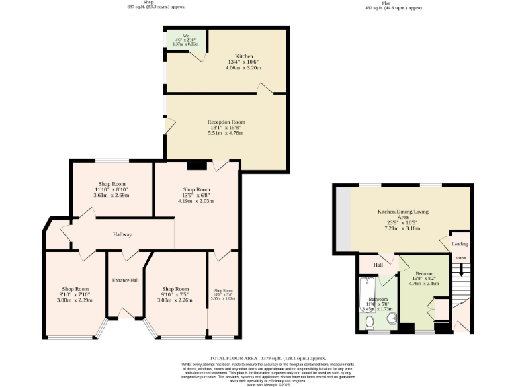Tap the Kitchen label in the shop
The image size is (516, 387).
[243, 56]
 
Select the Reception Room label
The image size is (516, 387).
[226, 122]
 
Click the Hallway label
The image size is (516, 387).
[122, 234]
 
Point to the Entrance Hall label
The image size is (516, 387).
[125, 279]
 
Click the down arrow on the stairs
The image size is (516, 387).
[461, 270]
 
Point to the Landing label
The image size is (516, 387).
[460, 244]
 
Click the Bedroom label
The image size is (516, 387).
[424, 274]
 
